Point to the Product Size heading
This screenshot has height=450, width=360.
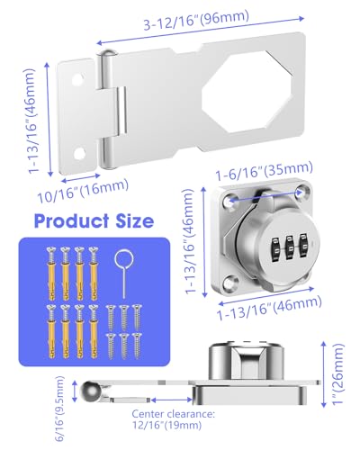tap(92, 220)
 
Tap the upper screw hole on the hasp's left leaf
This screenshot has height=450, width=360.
tap(77, 79)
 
